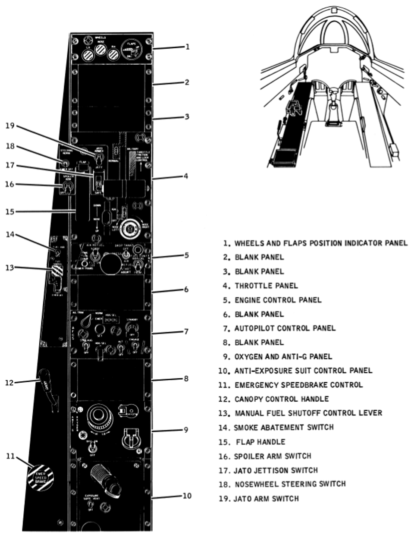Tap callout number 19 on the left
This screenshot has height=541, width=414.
pyautogui.click(x=10, y=126)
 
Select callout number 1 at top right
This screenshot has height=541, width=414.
pyautogui.click(x=187, y=47)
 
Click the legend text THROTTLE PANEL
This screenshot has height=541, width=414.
pyautogui.click(x=266, y=286)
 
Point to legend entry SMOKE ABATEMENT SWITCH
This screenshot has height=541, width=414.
pyautogui.click(x=283, y=428)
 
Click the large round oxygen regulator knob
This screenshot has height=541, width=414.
pyautogui.click(x=99, y=417)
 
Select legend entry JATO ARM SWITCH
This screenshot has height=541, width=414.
pyautogui.click(x=266, y=499)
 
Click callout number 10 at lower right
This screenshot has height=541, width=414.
pyautogui.click(x=187, y=496)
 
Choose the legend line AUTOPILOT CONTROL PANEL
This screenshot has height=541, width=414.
pyautogui.click(x=285, y=328)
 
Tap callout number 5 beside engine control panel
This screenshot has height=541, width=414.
pyautogui.click(x=186, y=255)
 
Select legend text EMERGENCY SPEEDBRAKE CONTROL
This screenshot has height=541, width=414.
pyautogui.click(x=298, y=385)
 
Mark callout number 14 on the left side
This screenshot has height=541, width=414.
pyautogui.click(x=10, y=234)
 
